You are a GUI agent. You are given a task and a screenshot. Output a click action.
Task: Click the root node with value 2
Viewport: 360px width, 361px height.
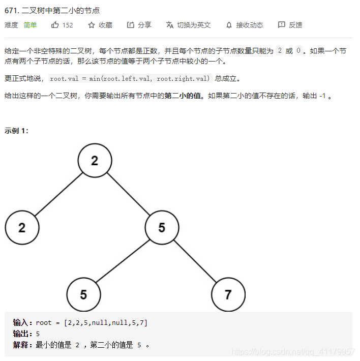(x=95, y=161)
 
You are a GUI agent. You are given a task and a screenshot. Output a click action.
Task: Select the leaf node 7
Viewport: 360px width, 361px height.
(x=228, y=294)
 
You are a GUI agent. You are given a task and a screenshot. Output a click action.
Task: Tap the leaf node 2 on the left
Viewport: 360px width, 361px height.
(x=22, y=227)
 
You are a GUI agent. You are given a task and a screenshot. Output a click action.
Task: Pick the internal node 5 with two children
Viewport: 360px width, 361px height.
(x=162, y=227)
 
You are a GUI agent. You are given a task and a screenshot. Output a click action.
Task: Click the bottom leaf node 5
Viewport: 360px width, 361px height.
(x=83, y=294)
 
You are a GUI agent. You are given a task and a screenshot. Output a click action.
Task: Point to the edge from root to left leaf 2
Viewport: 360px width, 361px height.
(x=58, y=194)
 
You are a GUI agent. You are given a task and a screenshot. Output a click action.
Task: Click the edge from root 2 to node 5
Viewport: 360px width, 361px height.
(x=128, y=194)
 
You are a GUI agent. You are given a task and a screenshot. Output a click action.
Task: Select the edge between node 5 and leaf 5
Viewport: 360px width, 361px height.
(x=123, y=261)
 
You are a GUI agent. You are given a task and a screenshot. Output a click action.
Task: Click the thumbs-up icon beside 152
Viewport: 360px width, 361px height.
(x=55, y=25)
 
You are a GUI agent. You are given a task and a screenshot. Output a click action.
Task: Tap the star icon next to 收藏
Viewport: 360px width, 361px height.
(x=92, y=25)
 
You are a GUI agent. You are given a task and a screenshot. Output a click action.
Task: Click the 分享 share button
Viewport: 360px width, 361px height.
(x=139, y=25)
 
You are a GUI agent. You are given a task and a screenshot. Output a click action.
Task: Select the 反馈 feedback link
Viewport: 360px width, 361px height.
(x=290, y=25)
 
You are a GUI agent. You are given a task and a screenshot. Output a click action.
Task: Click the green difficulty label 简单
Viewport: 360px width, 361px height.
(x=30, y=25)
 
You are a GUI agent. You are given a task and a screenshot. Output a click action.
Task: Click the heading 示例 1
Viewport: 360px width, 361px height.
(x=16, y=131)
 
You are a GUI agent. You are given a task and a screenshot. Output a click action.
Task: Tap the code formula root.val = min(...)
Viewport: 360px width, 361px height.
(x=130, y=79)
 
